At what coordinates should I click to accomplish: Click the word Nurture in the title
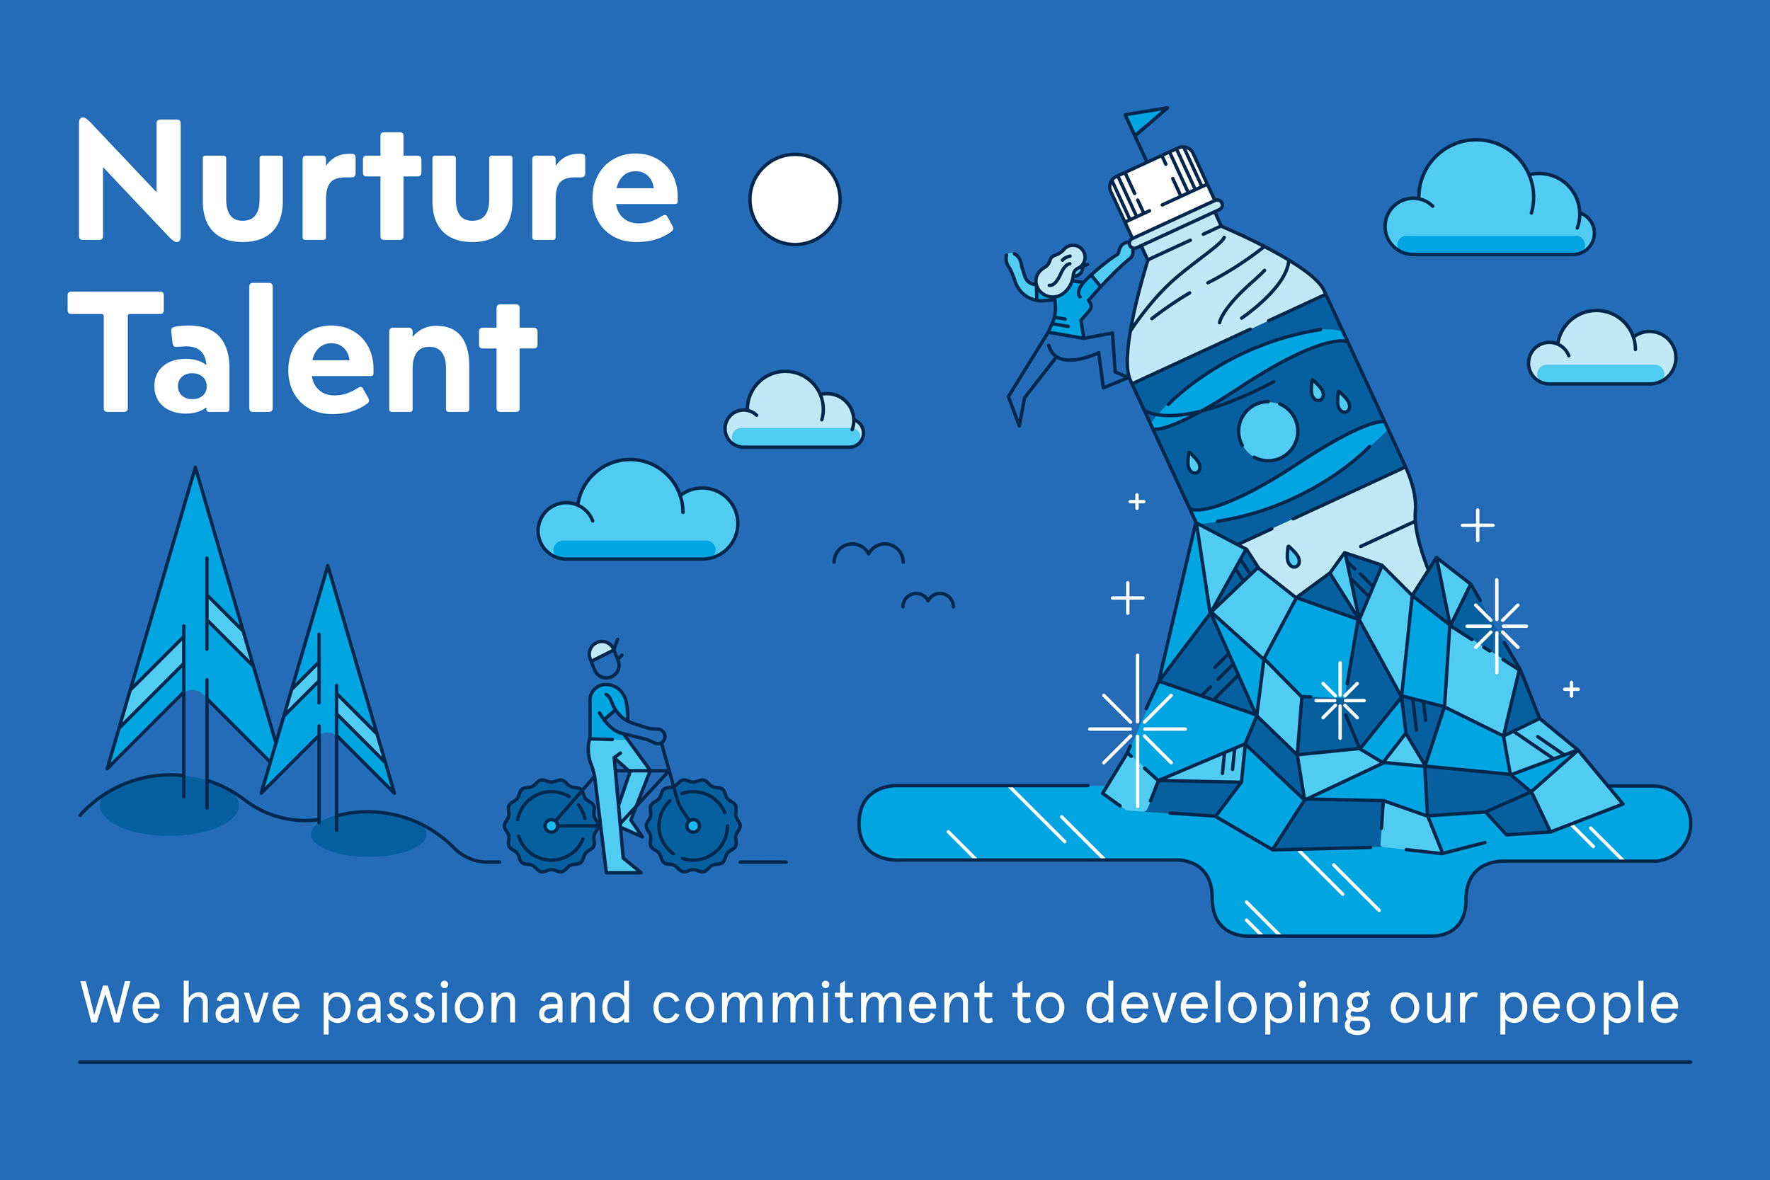379,180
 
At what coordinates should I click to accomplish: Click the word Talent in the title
302,348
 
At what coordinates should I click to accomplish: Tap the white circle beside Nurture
794,200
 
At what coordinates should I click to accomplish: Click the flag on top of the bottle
1146,120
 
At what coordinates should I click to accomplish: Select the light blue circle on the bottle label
1268,431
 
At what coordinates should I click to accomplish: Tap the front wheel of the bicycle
693,825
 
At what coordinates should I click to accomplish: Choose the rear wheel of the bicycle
552,825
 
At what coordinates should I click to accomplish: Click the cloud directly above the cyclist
637,510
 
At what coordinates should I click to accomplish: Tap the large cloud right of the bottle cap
1488,198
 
